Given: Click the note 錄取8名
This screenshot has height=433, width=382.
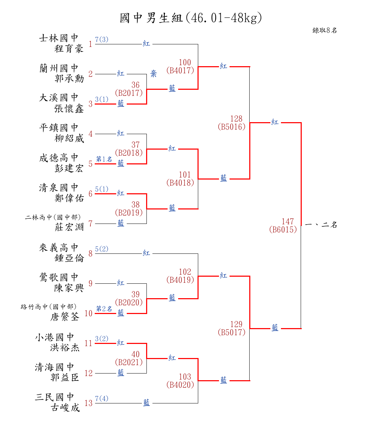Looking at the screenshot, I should [325, 31].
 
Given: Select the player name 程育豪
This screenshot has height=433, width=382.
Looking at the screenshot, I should [69, 49].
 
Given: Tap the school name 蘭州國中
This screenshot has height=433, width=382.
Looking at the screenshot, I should [59, 68].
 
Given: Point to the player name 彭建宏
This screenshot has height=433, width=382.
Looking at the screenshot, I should [69, 168].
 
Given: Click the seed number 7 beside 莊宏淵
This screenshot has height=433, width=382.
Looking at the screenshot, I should [90, 224].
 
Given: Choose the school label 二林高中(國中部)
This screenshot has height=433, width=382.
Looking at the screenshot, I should [53, 218].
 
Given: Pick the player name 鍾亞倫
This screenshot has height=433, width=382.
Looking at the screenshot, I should [69, 258].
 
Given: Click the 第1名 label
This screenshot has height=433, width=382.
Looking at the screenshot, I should [104, 159].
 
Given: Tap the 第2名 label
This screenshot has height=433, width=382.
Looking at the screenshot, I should [104, 309].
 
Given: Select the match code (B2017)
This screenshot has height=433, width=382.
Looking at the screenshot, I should [129, 93].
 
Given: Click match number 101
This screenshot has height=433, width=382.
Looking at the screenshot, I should [184, 175].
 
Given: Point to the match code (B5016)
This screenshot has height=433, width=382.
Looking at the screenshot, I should [232, 127].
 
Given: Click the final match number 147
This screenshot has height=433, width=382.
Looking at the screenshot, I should [288, 222].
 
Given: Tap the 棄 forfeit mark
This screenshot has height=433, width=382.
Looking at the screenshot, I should [154, 74].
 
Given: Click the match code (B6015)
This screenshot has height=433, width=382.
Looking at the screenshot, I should [283, 230].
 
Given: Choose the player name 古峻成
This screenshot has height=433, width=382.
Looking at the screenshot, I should [65, 408].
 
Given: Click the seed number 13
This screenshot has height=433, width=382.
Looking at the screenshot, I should [89, 403].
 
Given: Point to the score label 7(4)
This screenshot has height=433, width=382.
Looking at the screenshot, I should [102, 399].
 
